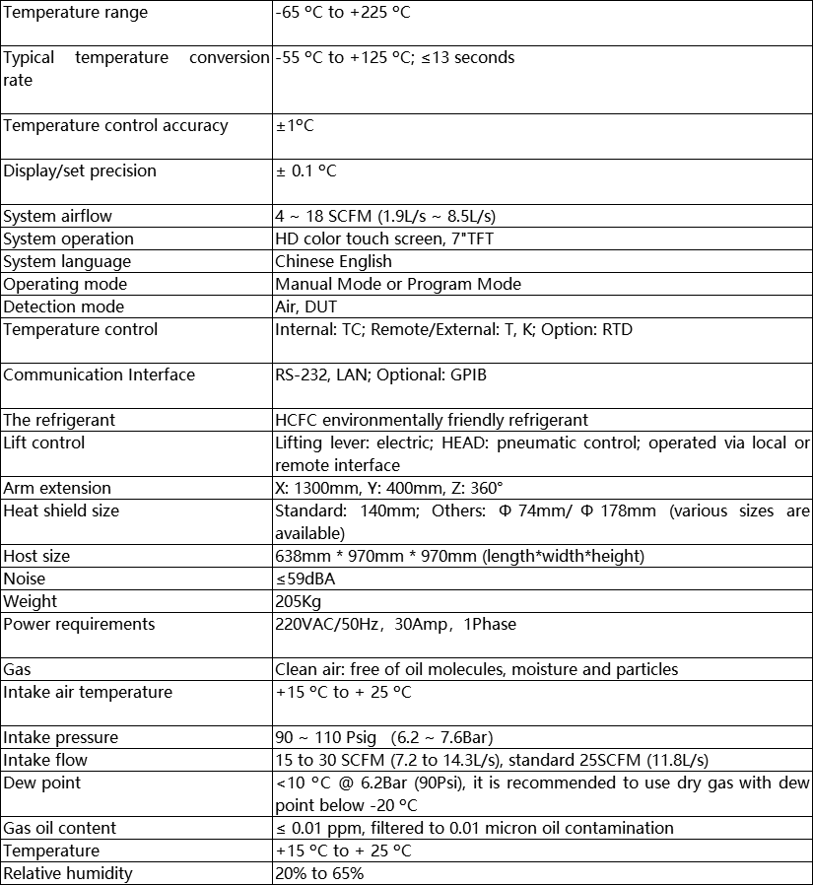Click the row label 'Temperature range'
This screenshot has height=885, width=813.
pos(75,13)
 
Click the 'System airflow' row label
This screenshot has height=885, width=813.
pos(57,216)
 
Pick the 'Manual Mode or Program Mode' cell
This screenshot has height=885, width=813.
pos(398,284)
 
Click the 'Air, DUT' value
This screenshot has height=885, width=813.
pos(305,306)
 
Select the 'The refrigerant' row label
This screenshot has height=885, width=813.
pos(59,420)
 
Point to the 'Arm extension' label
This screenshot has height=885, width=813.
pos(57,488)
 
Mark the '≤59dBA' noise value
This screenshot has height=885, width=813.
pos(305,579)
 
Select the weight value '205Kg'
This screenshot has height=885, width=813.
pos(298,601)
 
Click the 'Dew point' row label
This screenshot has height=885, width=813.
pos(42,783)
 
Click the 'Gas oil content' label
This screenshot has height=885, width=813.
pos(60,828)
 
